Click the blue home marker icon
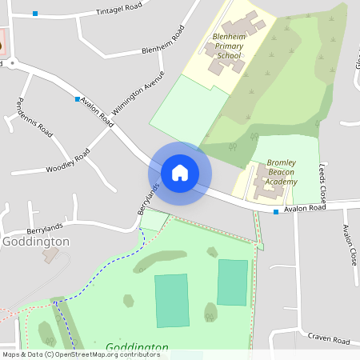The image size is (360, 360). click(180, 173)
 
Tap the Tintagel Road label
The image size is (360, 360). click(118, 9)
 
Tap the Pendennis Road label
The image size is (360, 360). click(35, 117)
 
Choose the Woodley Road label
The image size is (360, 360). click(68, 161)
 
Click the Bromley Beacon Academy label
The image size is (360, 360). click(282, 172)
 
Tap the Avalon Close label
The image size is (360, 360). click(349, 245)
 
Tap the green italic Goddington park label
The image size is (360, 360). click(137, 348)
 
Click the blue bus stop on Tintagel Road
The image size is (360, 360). click(35, 14)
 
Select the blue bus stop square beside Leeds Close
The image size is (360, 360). click(275, 212)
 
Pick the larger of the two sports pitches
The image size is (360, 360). click(172, 300)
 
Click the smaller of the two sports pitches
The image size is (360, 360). click(233, 282)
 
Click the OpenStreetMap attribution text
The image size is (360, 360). click(80, 354)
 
